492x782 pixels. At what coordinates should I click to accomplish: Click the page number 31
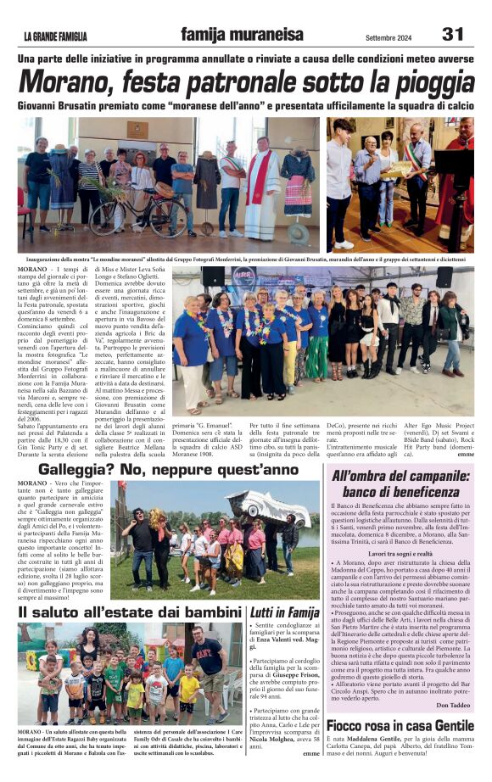453,34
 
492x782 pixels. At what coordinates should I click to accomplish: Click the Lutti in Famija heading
284,612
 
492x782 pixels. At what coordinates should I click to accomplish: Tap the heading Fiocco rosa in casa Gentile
400,725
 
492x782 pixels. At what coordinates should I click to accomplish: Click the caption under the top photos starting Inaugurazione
246,258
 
